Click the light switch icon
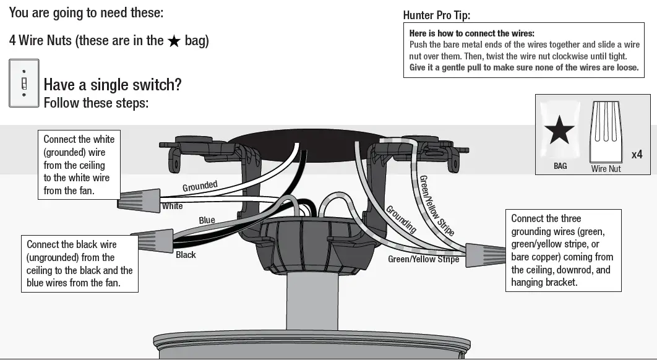pyautogui.click(x=24, y=83)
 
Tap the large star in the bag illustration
pyautogui.click(x=559, y=131)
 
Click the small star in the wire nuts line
pyautogui.click(x=174, y=41)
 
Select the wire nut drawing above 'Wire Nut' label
pyautogui.click(x=606, y=132)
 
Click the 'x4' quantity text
pyautogui.click(x=637, y=155)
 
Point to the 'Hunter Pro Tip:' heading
pyautogui.click(x=440, y=16)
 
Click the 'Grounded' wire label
pyautogui.click(x=200, y=186)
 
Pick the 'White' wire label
pyautogui.click(x=172, y=206)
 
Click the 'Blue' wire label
pyautogui.click(x=207, y=220)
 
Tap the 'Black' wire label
pyautogui.click(x=186, y=254)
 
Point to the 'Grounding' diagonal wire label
pyautogui.click(x=401, y=219)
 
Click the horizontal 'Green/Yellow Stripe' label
pyautogui.click(x=423, y=259)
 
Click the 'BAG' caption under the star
pyautogui.click(x=559, y=166)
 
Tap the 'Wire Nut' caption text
pyautogui.click(x=606, y=168)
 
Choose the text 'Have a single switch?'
pyautogui.click(x=112, y=85)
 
